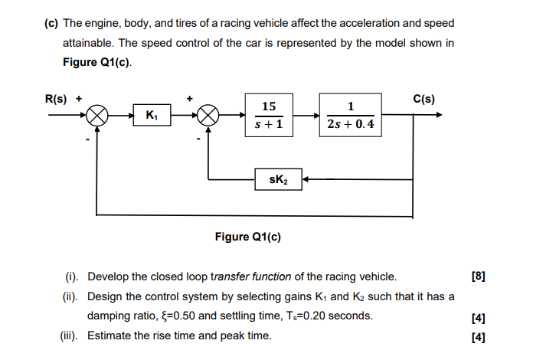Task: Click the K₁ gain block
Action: click(x=151, y=116)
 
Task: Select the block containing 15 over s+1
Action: click(x=269, y=116)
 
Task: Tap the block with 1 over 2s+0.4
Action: click(x=350, y=116)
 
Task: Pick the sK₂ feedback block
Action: click(x=278, y=180)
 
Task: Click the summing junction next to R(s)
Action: click(x=96, y=116)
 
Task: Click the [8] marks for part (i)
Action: click(x=479, y=277)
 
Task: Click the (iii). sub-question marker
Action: click(x=72, y=335)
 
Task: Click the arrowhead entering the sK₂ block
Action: click(x=305, y=180)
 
